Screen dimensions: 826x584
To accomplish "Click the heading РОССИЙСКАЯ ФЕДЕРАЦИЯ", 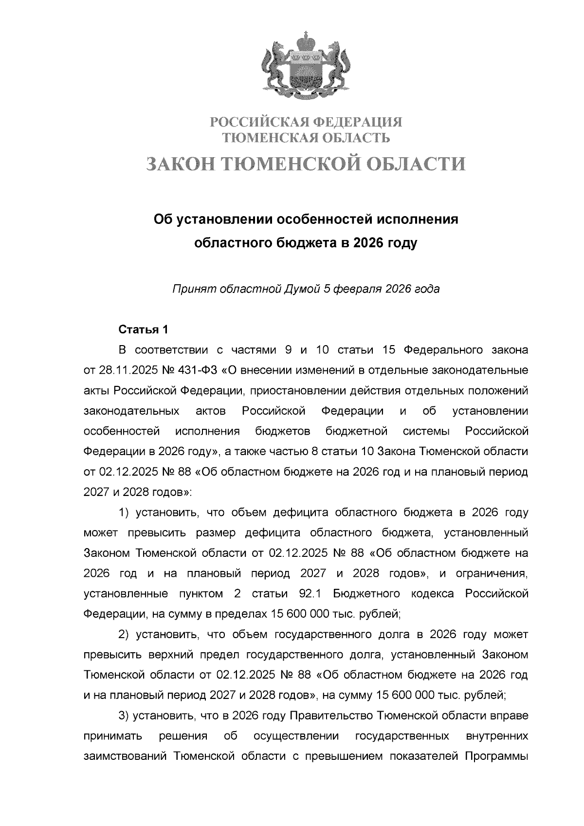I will [306, 122].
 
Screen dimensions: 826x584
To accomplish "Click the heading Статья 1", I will [144, 330].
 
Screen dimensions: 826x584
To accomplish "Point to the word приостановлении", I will [300, 391].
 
